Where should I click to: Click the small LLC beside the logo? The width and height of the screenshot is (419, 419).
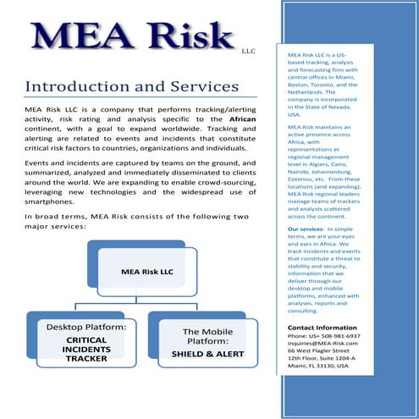[248, 50]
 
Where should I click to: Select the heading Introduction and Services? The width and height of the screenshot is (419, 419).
[131, 87]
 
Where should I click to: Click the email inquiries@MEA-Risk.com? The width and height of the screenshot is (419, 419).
[323, 343]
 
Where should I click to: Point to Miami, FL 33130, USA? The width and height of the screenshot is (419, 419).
[317, 366]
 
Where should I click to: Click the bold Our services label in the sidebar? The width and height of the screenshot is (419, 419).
[305, 229]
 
